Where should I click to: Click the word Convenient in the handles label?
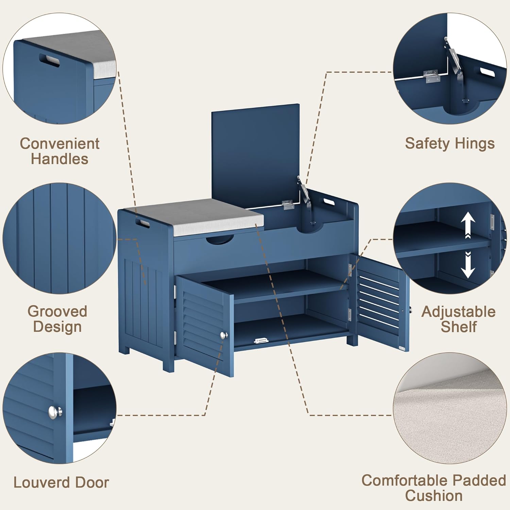pyautogui.click(x=60, y=143)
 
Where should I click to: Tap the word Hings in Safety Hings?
pyautogui.click(x=475, y=144)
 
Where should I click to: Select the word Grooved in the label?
pyautogui.click(x=57, y=311)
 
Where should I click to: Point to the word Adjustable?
pyautogui.click(x=458, y=312)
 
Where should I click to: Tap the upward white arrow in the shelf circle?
pyautogui.click(x=468, y=225)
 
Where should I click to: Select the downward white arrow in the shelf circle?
pyautogui.click(x=468, y=265)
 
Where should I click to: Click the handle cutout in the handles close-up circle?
pyautogui.click(x=50, y=59)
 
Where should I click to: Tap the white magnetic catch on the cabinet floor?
pyautogui.click(x=261, y=340)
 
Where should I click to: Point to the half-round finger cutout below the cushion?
pyautogui.click(x=220, y=240)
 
